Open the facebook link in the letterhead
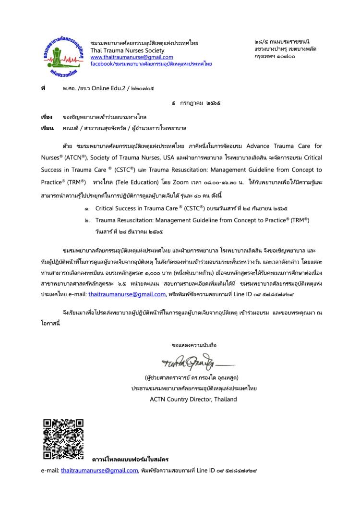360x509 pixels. tap(151, 63)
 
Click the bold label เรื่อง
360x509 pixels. tap(46, 117)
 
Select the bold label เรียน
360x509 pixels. tap(46, 129)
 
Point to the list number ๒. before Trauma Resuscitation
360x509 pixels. tap(86, 220)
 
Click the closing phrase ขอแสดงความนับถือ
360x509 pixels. tap(194, 345)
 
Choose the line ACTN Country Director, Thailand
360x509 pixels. tap(193, 399)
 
